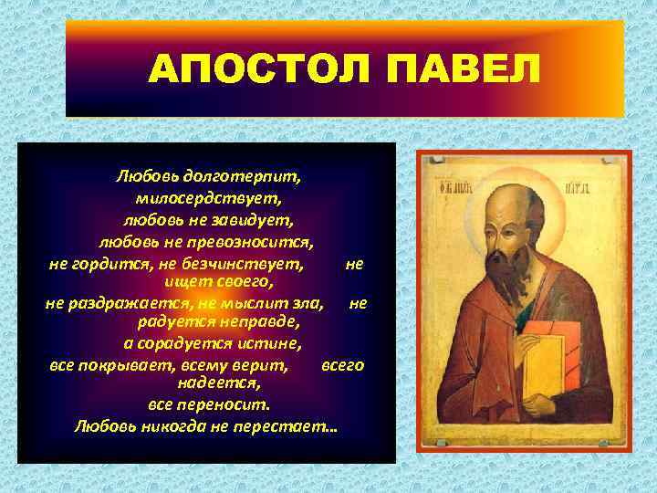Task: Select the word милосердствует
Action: click(208, 196)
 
